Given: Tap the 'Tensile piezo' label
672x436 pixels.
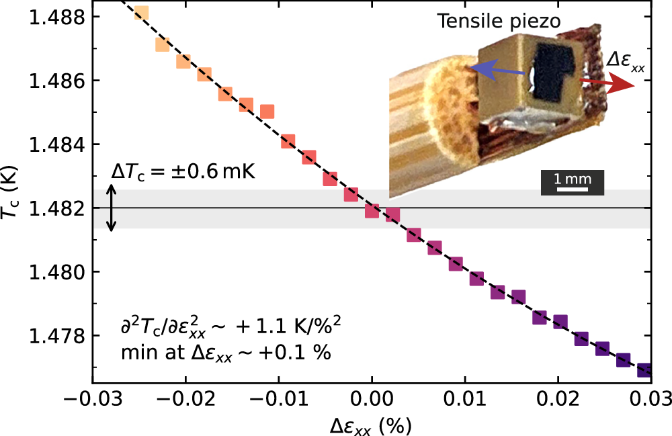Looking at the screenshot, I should pyautogui.click(x=499, y=21).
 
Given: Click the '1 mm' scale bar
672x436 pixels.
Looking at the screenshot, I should pyautogui.click(x=573, y=182).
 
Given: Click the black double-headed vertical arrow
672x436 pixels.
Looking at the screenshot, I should pyautogui.click(x=113, y=208).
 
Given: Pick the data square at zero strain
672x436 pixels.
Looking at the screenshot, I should pyautogui.click(x=372, y=211).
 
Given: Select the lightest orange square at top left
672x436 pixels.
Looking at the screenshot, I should pyautogui.click(x=141, y=13).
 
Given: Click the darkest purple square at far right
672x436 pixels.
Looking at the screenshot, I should pyautogui.click(x=644, y=370).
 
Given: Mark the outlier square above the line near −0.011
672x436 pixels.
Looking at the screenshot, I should pyautogui.click(x=267, y=112).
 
